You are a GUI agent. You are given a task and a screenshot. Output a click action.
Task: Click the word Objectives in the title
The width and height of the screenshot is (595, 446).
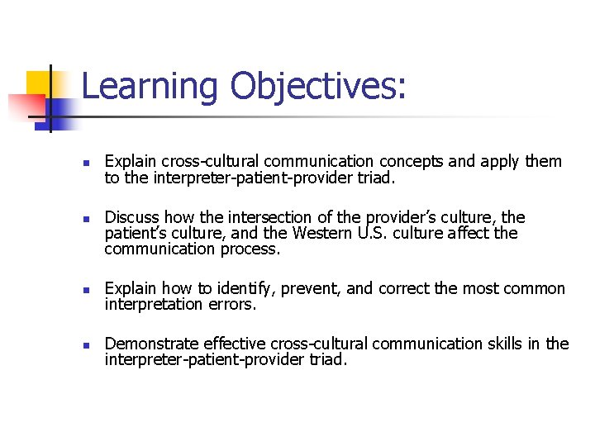click(313, 87)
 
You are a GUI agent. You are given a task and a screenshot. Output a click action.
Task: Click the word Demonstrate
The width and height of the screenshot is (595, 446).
click(151, 344)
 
